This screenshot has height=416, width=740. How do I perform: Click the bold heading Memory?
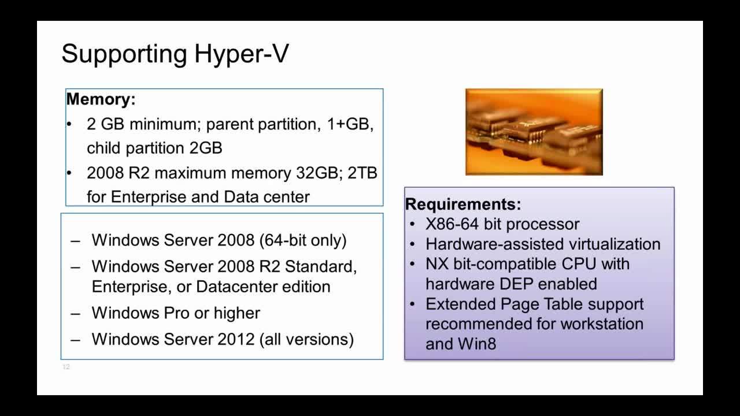(101, 99)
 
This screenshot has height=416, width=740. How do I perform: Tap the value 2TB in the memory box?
(362, 173)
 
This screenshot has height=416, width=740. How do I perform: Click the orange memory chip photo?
(534, 132)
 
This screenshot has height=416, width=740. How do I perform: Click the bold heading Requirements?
(463, 204)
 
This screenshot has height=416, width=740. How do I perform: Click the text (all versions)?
(307, 339)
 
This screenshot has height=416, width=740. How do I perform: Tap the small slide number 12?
(66, 367)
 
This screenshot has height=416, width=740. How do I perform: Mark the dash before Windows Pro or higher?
(75, 313)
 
